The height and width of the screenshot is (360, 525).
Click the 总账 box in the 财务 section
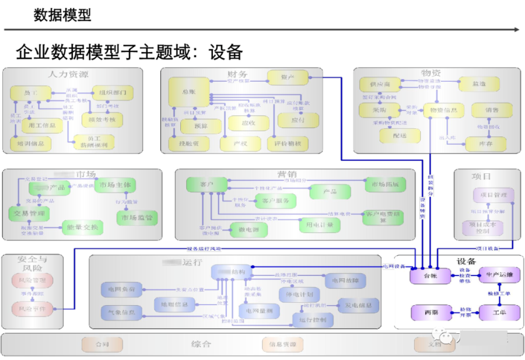pos(188,92)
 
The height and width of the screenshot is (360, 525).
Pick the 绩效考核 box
pos(101,120)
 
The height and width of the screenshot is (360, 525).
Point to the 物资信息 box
pos(443,109)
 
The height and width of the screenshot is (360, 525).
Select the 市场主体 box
pos(115,186)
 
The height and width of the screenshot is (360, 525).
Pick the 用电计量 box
pos(319,224)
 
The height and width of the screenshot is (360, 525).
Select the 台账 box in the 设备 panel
pos(430,275)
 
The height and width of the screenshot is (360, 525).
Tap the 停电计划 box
pos(299,295)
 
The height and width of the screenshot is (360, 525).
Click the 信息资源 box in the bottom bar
pos(282,345)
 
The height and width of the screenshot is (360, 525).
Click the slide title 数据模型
pos(62,15)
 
